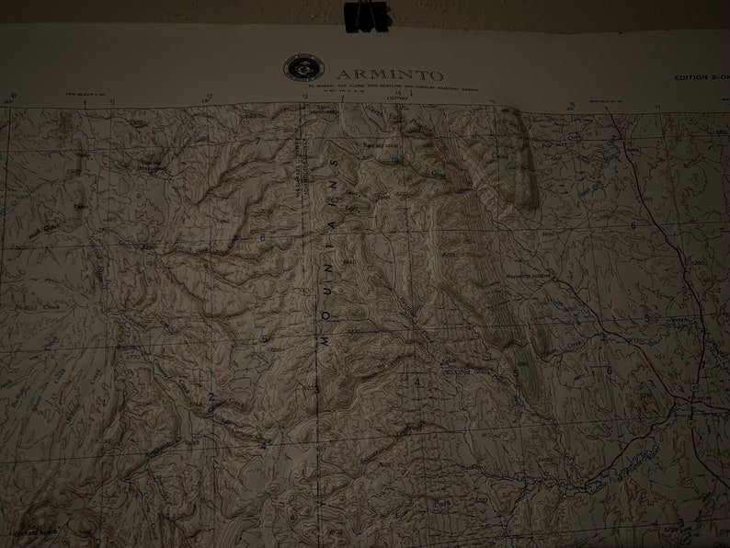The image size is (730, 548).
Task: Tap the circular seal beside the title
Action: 303,68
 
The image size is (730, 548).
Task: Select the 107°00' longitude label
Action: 397,97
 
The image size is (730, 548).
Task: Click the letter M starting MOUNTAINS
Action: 325,339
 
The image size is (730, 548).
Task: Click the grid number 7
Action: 258,141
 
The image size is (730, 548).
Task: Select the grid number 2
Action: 211,397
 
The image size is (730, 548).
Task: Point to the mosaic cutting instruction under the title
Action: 377,86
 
